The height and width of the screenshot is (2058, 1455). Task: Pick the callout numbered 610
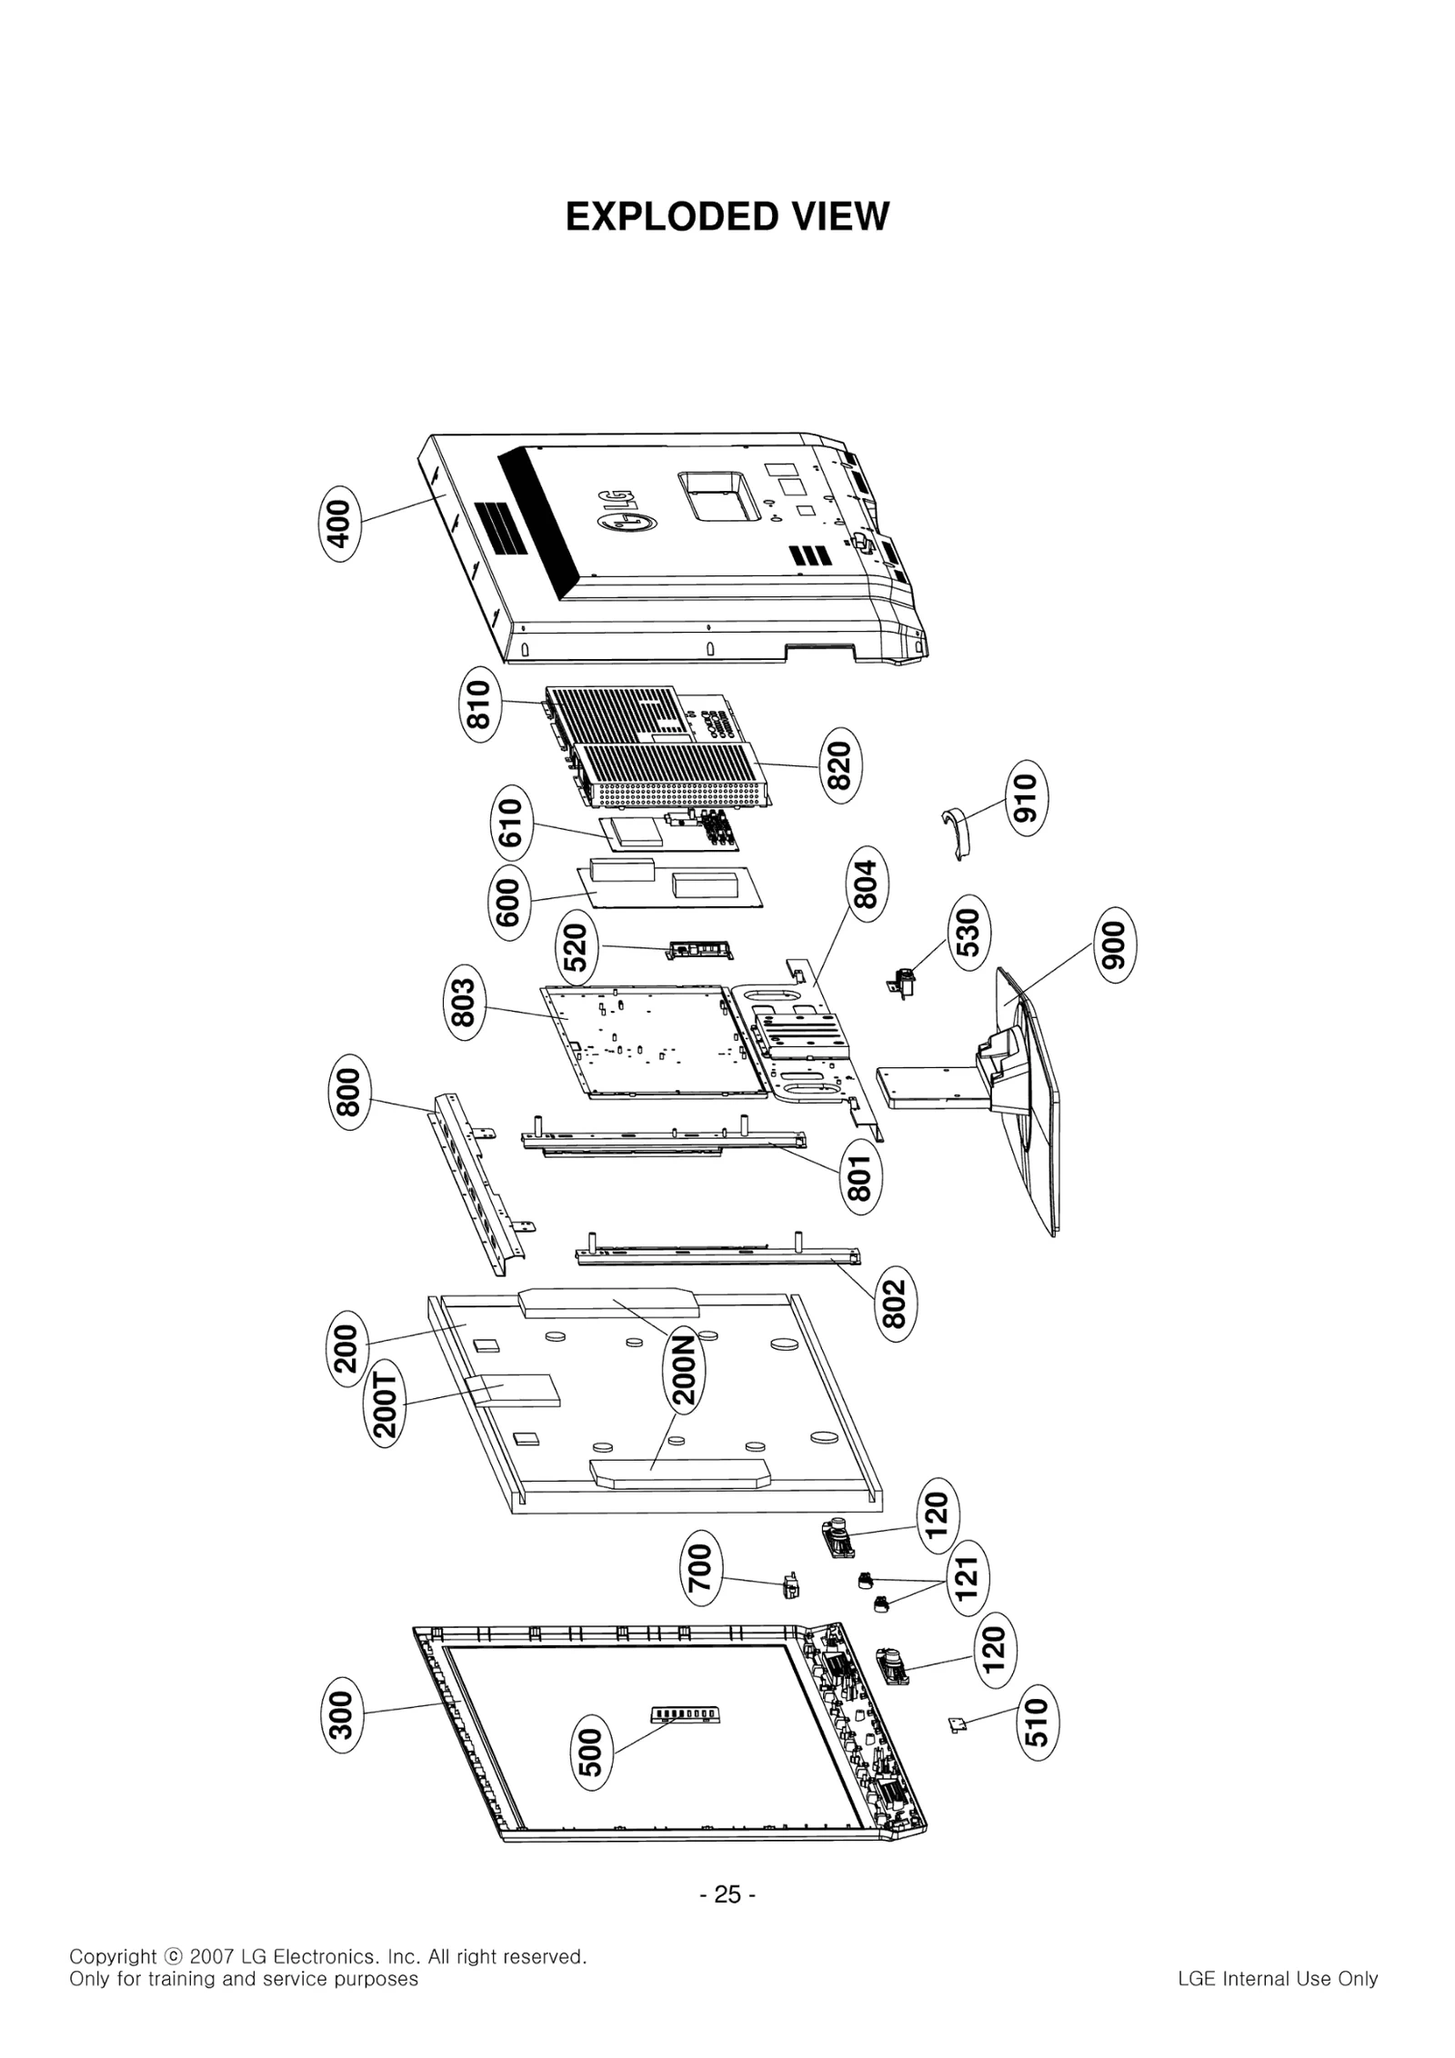point(511,823)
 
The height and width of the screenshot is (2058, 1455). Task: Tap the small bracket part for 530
point(901,984)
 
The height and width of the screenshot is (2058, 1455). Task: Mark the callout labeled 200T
point(386,1404)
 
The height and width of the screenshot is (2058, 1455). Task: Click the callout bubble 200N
point(685,1369)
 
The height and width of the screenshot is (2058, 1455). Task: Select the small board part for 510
point(957,1723)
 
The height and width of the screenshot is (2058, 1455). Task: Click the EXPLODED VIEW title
point(727,217)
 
